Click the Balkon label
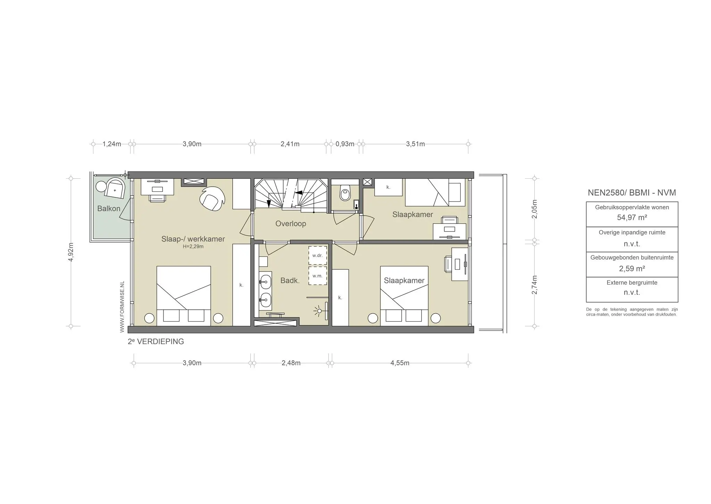pos(109,209)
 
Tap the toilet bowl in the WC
pos(345,193)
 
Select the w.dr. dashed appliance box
pos(318,255)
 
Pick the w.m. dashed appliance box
pos(318,276)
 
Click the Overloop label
pos(291,223)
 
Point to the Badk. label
pos(290,281)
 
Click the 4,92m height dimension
pos(71,252)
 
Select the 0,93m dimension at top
pos(345,144)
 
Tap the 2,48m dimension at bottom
pos(291,363)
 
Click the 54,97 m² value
pos(632,218)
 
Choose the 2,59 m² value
pos(632,269)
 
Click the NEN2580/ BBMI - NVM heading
pos(632,193)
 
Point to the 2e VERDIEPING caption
pos(156,342)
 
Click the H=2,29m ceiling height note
pos(193,246)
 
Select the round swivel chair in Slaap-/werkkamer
pos(211,198)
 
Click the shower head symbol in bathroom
pos(318,310)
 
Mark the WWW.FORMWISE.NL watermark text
pos(122,307)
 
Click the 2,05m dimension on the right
pos(535,209)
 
